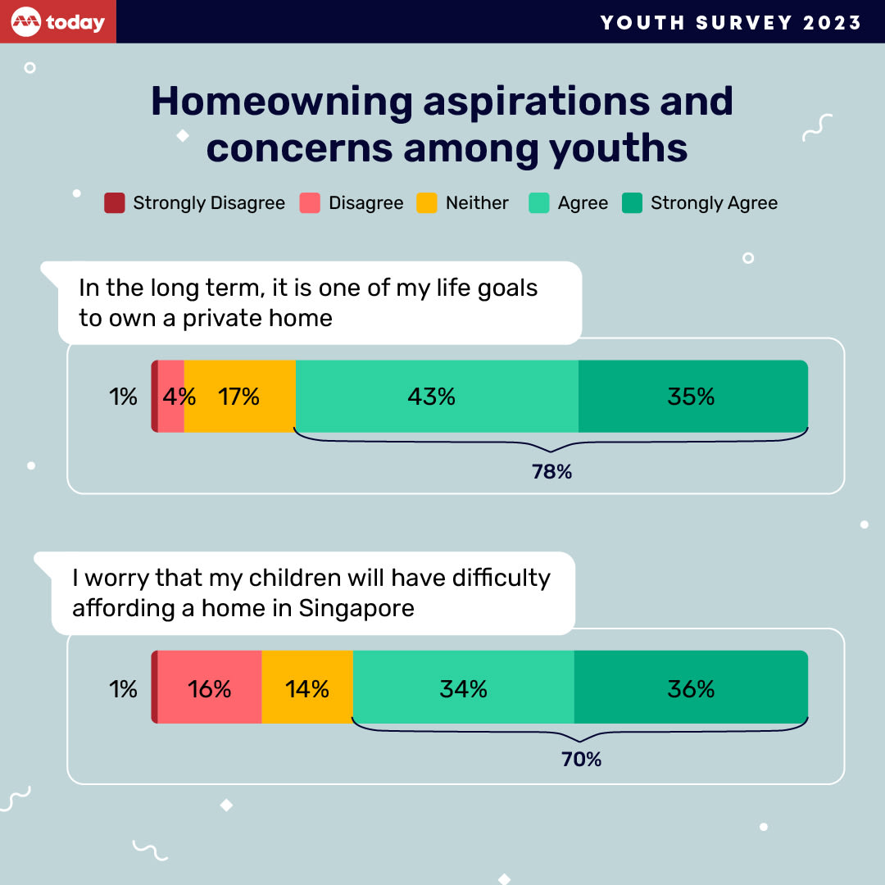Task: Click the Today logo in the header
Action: pyautogui.click(x=58, y=21)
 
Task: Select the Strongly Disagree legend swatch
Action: pyautogui.click(x=114, y=203)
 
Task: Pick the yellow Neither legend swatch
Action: pyautogui.click(x=427, y=203)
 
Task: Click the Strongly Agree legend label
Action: pyautogui.click(x=714, y=203)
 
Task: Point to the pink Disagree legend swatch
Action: pyautogui.click(x=310, y=203)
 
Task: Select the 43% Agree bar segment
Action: pyautogui.click(x=436, y=397)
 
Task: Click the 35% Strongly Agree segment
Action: pyautogui.click(x=692, y=397)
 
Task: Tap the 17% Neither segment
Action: pyautogui.click(x=239, y=397)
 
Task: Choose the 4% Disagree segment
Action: pyautogui.click(x=172, y=397)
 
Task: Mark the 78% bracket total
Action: pyautogui.click(x=551, y=472)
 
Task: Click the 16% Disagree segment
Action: pyautogui.click(x=209, y=688)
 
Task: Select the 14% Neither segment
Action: pyautogui.click(x=307, y=688)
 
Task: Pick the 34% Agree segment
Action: pyautogui.click(x=463, y=688)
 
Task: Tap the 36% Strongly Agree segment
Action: pyautogui.click(x=691, y=688)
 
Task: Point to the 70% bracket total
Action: pyautogui.click(x=581, y=760)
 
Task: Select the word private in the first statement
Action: pyautogui.click(x=227, y=318)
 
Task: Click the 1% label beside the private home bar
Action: pyautogui.click(x=123, y=397)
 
